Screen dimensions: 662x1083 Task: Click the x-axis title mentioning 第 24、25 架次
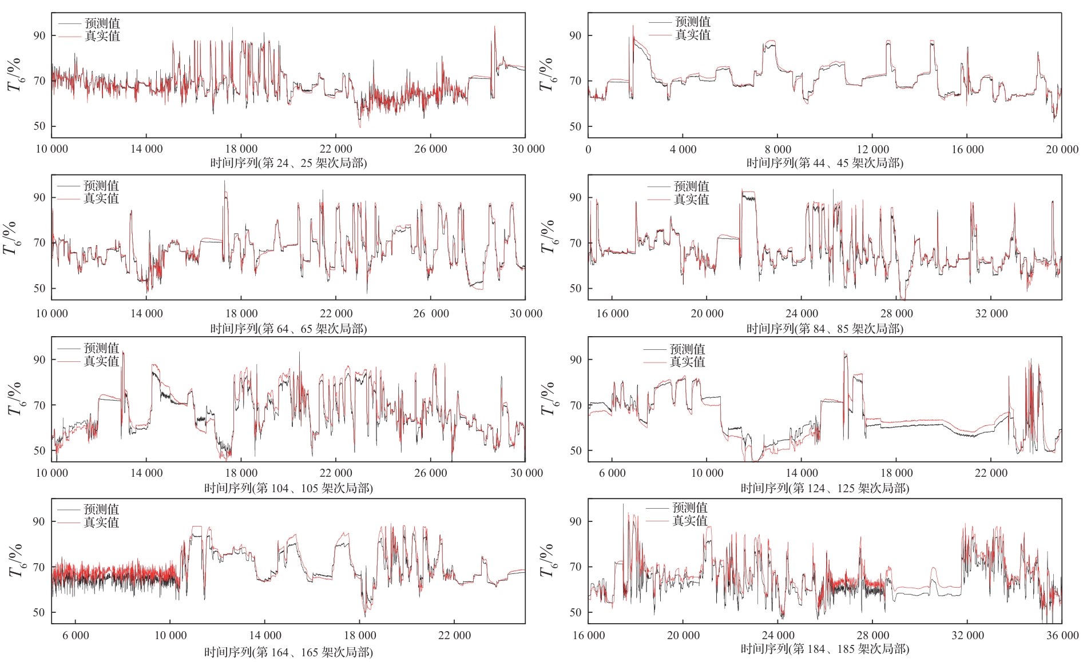[x=288, y=163]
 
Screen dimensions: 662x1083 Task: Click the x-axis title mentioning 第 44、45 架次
[x=824, y=163]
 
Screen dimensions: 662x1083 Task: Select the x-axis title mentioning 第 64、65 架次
[x=288, y=329]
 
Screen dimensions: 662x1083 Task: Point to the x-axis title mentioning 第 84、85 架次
[x=824, y=329]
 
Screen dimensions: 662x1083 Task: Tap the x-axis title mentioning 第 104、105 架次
[x=288, y=488]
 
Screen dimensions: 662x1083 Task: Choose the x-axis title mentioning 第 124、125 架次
[x=824, y=488]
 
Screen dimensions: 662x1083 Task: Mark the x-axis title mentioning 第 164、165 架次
[x=288, y=652]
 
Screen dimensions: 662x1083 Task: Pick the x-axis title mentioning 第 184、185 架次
[x=824, y=649]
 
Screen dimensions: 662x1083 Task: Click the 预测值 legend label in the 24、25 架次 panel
[x=102, y=23]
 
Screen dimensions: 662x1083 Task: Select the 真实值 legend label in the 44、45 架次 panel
[x=693, y=35]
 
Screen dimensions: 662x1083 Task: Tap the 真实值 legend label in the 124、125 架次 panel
[x=687, y=362]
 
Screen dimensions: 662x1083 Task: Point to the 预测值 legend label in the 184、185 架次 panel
[x=689, y=508]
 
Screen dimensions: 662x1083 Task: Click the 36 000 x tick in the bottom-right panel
[x=1062, y=635]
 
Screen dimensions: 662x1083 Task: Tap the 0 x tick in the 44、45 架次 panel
[x=588, y=149]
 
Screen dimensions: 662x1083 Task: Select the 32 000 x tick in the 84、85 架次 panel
[x=991, y=313]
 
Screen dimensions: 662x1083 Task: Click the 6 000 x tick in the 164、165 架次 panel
[x=76, y=635]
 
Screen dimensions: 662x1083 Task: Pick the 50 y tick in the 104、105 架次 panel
[x=39, y=450]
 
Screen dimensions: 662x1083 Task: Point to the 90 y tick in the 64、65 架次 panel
[x=39, y=198]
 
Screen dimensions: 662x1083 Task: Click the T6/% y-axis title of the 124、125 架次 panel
[x=548, y=398]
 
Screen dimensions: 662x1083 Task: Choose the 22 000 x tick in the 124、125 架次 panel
[x=991, y=473]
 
